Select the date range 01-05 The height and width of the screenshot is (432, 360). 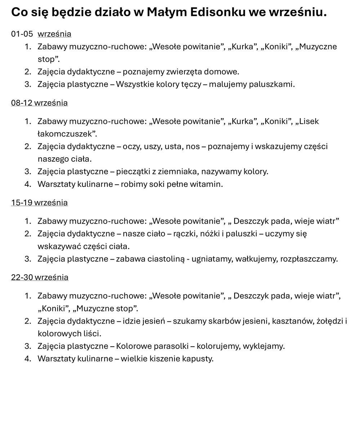[22, 34]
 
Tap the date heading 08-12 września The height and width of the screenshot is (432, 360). [39, 103]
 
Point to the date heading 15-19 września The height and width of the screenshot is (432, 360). [39, 203]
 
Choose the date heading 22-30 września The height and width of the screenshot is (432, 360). [40, 278]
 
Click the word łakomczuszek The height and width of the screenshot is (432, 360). [67, 134]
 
